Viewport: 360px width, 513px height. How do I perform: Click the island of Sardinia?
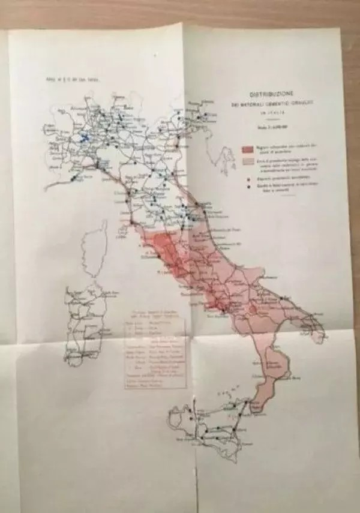tap(85, 324)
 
